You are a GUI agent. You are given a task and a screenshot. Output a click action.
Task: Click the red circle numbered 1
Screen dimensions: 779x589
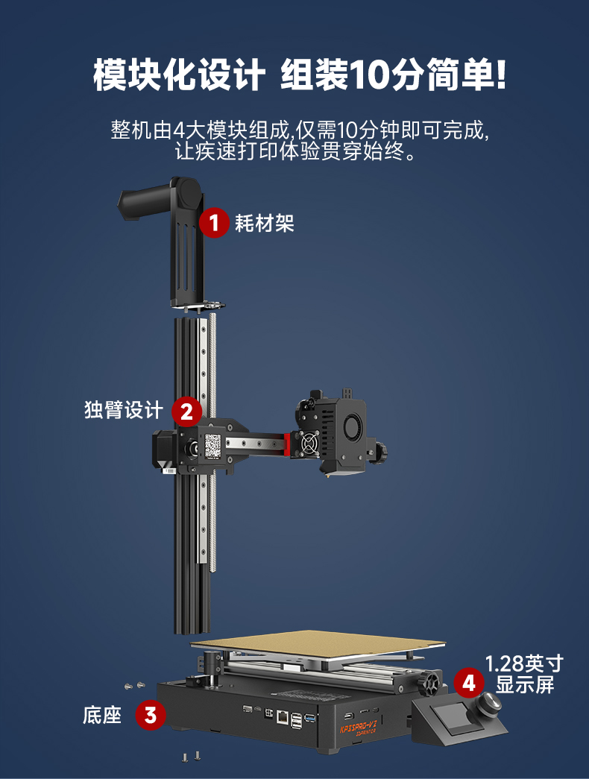[215, 222]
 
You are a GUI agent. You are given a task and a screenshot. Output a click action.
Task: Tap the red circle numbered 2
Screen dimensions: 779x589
[186, 411]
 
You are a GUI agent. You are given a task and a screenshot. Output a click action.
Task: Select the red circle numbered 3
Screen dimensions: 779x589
[151, 716]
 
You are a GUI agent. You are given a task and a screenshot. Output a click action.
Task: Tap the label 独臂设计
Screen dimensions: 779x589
[123, 411]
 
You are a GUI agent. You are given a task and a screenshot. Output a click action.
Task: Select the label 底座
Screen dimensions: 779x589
[101, 716]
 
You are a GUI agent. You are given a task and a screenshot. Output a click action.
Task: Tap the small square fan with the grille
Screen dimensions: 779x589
[309, 445]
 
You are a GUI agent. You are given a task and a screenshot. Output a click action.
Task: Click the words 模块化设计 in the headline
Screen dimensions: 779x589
[179, 75]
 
